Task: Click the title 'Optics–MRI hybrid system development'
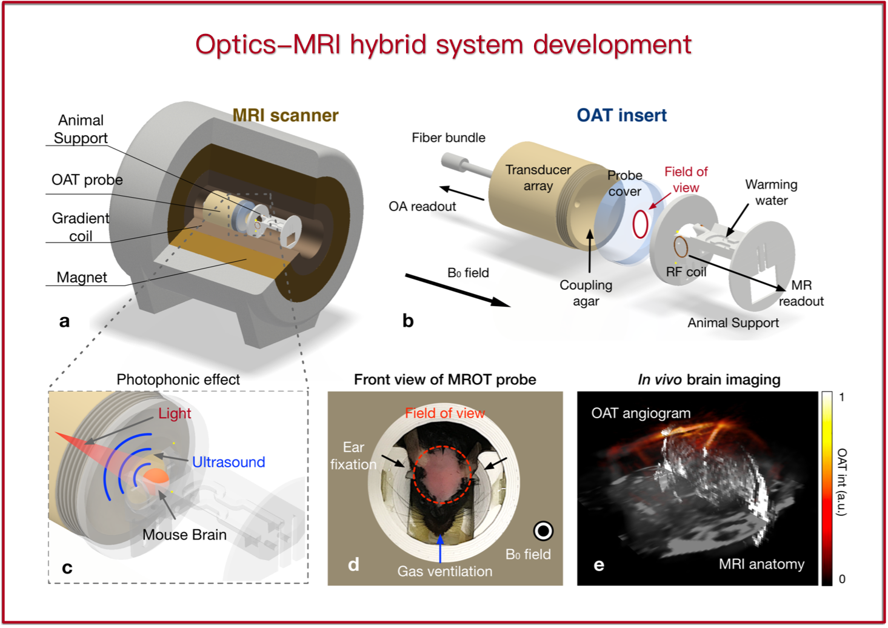coord(443,45)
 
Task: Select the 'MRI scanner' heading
coord(285,115)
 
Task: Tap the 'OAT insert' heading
coord(621,115)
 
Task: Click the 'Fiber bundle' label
coord(448,138)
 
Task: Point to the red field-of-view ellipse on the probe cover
coord(640,224)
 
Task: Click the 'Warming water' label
coord(771,192)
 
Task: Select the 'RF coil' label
coord(686,272)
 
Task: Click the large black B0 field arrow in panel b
coord(457,290)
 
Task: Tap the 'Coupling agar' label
coord(586,293)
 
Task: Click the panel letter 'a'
coord(64,321)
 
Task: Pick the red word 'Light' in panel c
coord(175,413)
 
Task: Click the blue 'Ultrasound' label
coord(229,462)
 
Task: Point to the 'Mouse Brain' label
coord(184,535)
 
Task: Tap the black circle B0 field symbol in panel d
coord(543,531)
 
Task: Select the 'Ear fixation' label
coord(353,456)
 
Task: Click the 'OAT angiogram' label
coord(641,413)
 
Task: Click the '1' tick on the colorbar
coord(842,397)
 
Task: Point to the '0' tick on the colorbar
coord(842,579)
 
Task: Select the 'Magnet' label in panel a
coord(82,278)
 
